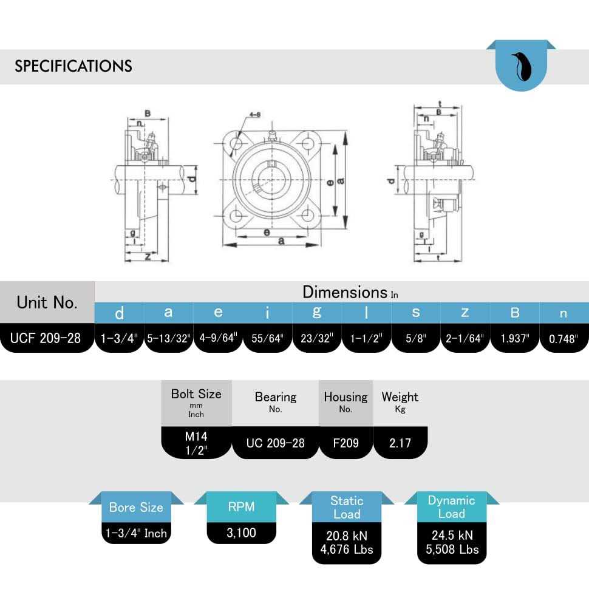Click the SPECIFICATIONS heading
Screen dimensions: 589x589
(73, 66)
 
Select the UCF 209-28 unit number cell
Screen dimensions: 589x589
(46, 338)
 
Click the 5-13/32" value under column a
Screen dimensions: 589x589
(168, 338)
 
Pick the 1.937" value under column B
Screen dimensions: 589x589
(514, 338)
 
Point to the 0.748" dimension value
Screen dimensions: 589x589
(563, 338)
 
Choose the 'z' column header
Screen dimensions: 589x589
(465, 312)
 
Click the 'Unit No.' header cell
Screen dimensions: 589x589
(47, 302)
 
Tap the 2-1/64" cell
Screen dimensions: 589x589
(465, 338)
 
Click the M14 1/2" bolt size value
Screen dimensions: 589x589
(196, 443)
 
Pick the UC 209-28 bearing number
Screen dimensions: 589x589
(276, 443)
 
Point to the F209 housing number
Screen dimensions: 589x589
(346, 443)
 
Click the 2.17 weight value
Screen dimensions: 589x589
(400, 443)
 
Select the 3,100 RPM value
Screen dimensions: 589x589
(241, 533)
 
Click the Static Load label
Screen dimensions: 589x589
(347, 508)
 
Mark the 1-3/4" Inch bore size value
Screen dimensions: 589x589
(136, 533)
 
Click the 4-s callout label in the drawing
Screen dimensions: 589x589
(255, 115)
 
